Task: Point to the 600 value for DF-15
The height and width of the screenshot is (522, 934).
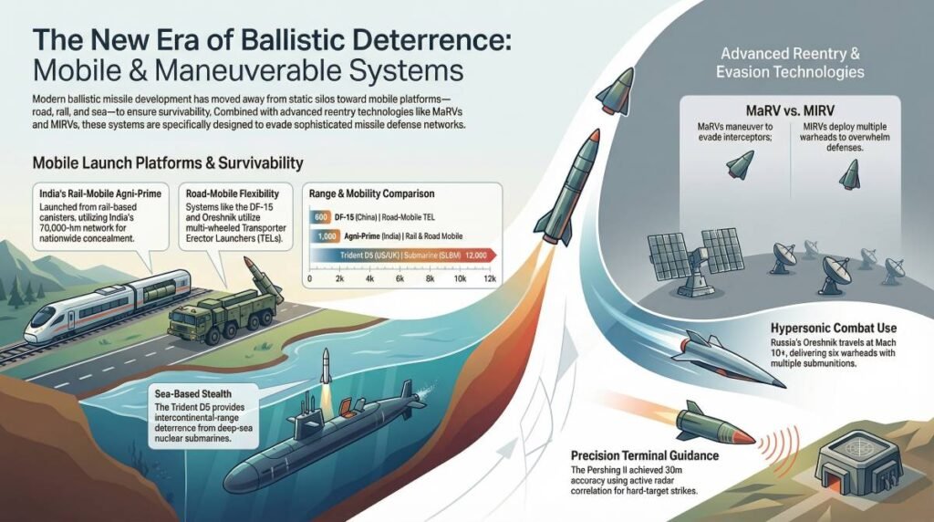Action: pyautogui.click(x=319, y=217)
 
